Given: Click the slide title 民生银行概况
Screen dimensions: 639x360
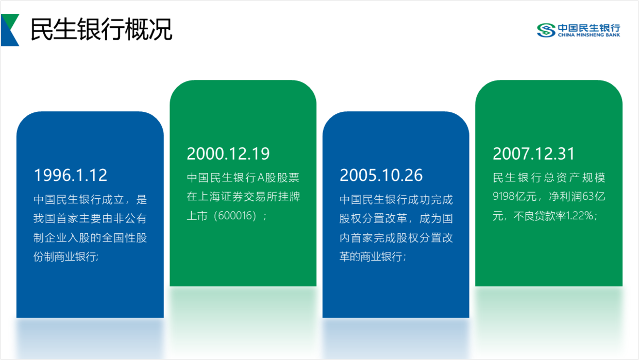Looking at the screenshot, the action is tap(102, 29).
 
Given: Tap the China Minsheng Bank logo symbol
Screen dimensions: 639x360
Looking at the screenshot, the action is tap(546, 30).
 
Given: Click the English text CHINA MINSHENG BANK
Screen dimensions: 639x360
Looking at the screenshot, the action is tap(589, 35).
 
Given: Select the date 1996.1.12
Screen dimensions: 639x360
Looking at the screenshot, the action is tap(71, 175).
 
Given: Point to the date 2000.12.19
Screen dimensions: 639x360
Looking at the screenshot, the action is tap(228, 153).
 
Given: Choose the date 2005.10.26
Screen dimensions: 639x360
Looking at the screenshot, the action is tap(381, 175).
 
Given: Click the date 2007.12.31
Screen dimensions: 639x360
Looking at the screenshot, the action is tap(534, 153).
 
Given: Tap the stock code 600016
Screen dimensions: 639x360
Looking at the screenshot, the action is tap(235, 216).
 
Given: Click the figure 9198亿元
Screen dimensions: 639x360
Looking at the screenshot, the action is tap(515, 196).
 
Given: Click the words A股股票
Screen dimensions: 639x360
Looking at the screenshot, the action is tap(278, 178).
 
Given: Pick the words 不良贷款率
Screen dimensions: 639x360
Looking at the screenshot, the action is tap(540, 216).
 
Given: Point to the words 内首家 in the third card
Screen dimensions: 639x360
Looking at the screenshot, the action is tap(357, 238).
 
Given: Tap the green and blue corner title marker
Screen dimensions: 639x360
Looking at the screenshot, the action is tap(10, 30).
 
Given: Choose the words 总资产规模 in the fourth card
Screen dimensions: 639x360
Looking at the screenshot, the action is tap(575, 178).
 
